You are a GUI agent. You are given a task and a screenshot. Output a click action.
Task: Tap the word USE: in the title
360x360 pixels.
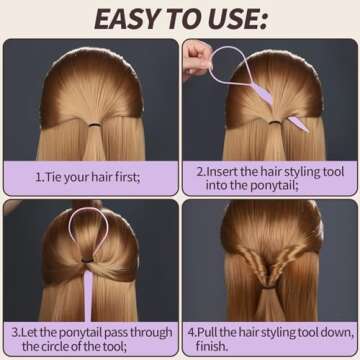coord(239,18)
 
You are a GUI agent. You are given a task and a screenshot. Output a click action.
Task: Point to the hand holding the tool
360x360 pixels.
coord(195,56)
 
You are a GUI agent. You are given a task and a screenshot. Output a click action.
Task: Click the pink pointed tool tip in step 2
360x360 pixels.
coord(297,123)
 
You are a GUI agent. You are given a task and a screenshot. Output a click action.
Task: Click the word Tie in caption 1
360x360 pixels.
coord(56,177)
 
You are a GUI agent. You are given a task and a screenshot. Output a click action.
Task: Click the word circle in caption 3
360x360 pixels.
coord(80,345)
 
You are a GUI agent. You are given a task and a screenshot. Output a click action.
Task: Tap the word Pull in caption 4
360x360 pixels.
coord(213,328)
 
